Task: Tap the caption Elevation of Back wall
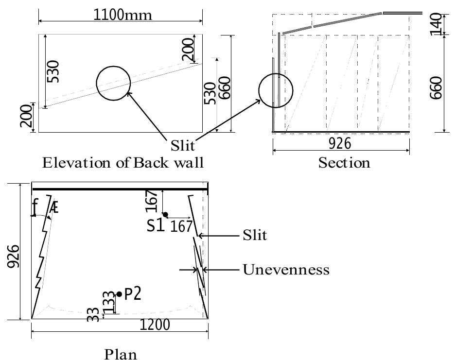[123, 162]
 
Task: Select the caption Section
[344, 162]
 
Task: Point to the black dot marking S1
[165, 214]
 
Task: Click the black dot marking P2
[119, 294]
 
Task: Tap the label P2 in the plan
[133, 294]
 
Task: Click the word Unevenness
[286, 269]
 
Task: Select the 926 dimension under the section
[340, 144]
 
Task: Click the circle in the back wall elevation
[113, 83]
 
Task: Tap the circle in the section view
[276, 90]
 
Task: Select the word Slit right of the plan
[255, 236]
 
